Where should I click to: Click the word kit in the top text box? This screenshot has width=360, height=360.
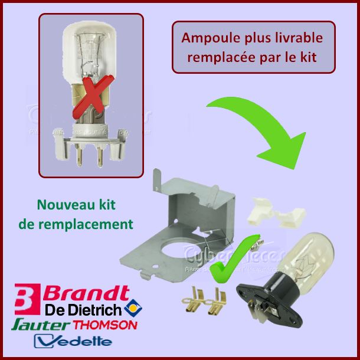coord(309,58)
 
